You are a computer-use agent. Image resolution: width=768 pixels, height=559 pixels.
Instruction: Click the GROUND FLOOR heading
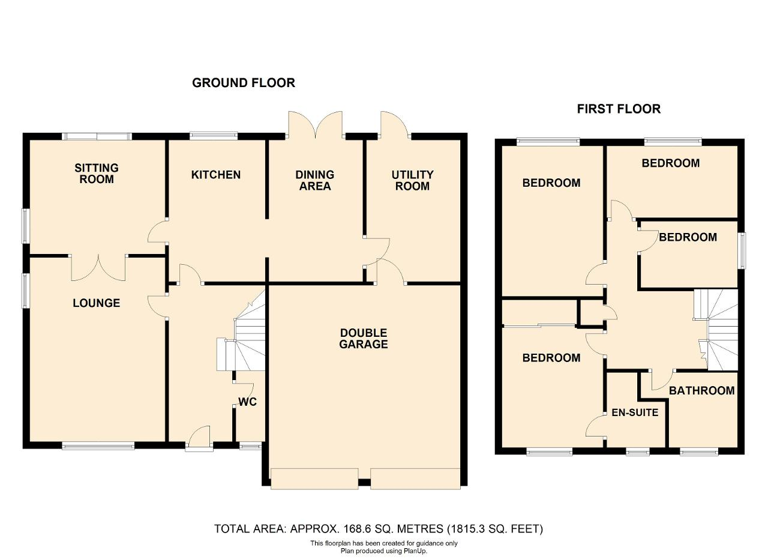(x=244, y=83)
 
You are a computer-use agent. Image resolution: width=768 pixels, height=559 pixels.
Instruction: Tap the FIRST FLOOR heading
(x=619, y=109)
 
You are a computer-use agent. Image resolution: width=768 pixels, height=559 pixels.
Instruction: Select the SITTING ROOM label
(x=97, y=174)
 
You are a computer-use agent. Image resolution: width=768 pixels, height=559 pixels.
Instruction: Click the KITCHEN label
(x=215, y=175)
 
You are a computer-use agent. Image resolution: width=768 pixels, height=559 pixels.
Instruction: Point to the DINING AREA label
(x=315, y=181)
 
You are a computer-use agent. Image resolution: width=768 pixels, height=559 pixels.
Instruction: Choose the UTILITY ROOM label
(x=412, y=181)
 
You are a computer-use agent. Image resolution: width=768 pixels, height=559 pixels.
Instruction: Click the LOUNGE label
(x=97, y=303)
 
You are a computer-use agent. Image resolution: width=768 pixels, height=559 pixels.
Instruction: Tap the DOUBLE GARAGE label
(x=364, y=339)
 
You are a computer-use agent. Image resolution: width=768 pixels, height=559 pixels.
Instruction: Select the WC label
(x=247, y=402)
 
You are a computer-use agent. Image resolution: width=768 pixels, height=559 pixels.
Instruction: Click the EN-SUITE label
(x=635, y=412)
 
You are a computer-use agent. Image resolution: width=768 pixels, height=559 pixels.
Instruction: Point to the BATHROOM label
(x=701, y=390)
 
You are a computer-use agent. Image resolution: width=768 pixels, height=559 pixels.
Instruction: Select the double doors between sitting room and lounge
(x=98, y=268)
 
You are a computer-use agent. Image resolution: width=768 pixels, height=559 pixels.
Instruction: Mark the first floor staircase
(x=716, y=330)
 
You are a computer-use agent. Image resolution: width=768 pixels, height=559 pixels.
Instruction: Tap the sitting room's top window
(x=97, y=136)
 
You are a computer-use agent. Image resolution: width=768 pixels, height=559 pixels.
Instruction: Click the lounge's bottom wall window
(x=98, y=446)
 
